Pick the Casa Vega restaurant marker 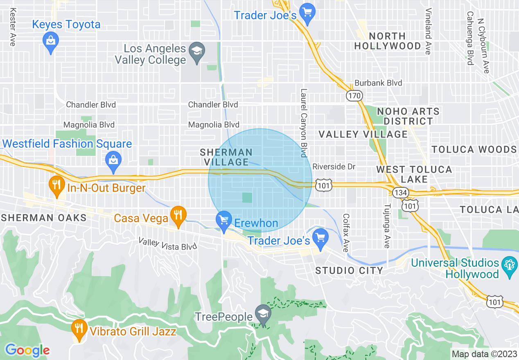(x=178, y=215)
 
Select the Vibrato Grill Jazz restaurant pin (x=78, y=328)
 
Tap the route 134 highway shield (x=399, y=192)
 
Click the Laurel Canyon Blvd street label (x=304, y=123)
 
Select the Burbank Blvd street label (x=378, y=83)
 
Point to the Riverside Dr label (x=334, y=167)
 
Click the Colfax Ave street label (x=346, y=233)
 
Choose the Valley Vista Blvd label (x=168, y=244)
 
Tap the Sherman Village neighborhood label (x=226, y=157)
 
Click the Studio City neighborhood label (x=349, y=270)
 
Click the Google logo (x=27, y=350)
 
